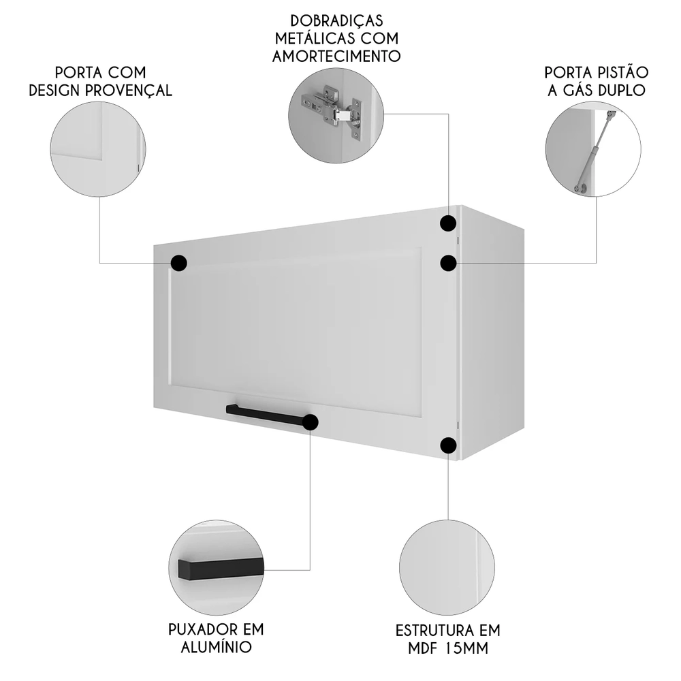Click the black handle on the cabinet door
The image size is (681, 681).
(x=266, y=414)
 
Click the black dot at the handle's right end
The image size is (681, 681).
(x=310, y=422)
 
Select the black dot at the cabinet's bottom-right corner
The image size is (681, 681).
(x=448, y=445)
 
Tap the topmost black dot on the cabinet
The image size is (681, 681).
(x=448, y=223)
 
